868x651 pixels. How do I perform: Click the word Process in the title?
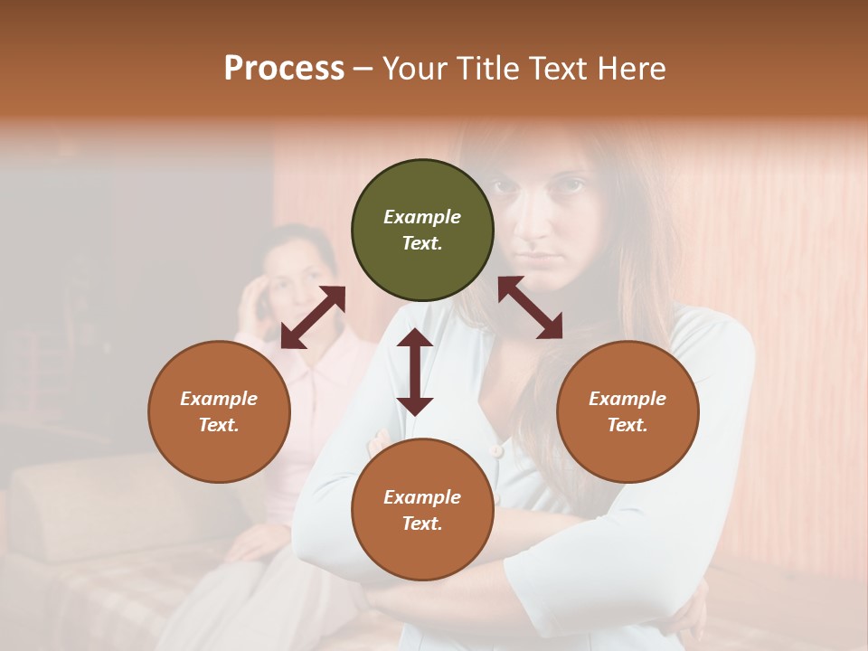point(284,69)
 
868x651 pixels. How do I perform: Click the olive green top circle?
point(422,231)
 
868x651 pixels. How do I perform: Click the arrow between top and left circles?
point(313,317)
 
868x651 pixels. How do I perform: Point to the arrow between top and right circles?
point(530,307)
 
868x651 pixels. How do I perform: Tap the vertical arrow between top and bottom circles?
point(415,372)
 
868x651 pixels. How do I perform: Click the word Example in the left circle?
point(219,399)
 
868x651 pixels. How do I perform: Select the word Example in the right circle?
point(627,399)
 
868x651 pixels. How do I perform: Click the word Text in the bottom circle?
point(422,524)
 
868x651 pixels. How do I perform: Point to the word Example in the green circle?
point(422,217)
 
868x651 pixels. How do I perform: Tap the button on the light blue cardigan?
point(495,449)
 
